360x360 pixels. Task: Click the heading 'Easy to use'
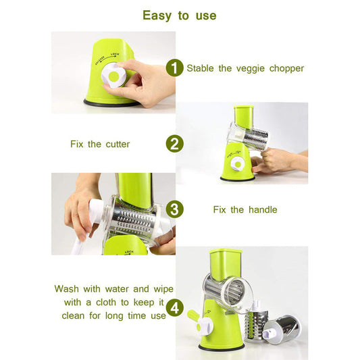[x=180, y=15]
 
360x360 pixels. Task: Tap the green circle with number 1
[x=175, y=68]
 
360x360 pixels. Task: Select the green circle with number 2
[x=175, y=143]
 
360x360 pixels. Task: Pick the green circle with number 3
[x=175, y=209]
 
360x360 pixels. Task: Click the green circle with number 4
[x=175, y=308]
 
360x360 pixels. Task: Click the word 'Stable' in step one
[x=201, y=68]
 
